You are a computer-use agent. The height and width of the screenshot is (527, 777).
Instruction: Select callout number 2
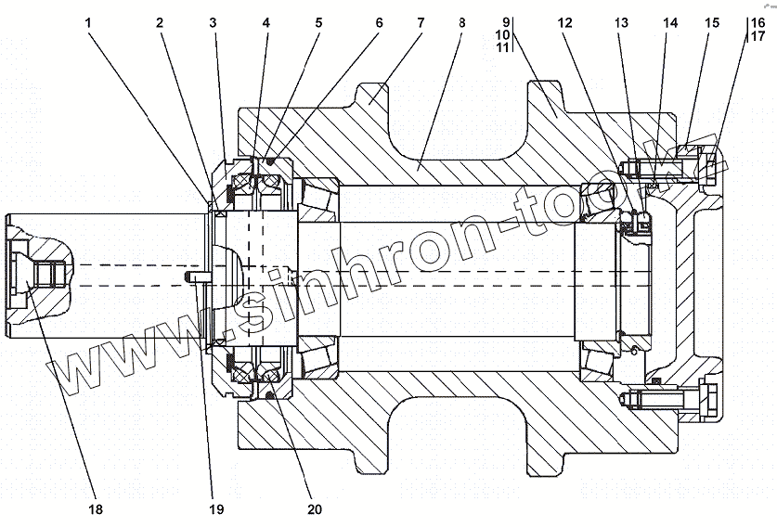coord(160,21)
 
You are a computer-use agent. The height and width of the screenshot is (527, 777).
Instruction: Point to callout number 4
coord(266,21)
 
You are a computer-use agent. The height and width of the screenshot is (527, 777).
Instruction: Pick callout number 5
coord(318,21)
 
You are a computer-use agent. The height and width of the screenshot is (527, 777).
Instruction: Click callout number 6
coord(377,21)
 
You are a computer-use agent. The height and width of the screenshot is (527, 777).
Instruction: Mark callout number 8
coord(460,21)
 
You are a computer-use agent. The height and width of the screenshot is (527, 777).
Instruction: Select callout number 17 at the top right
coord(758,36)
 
